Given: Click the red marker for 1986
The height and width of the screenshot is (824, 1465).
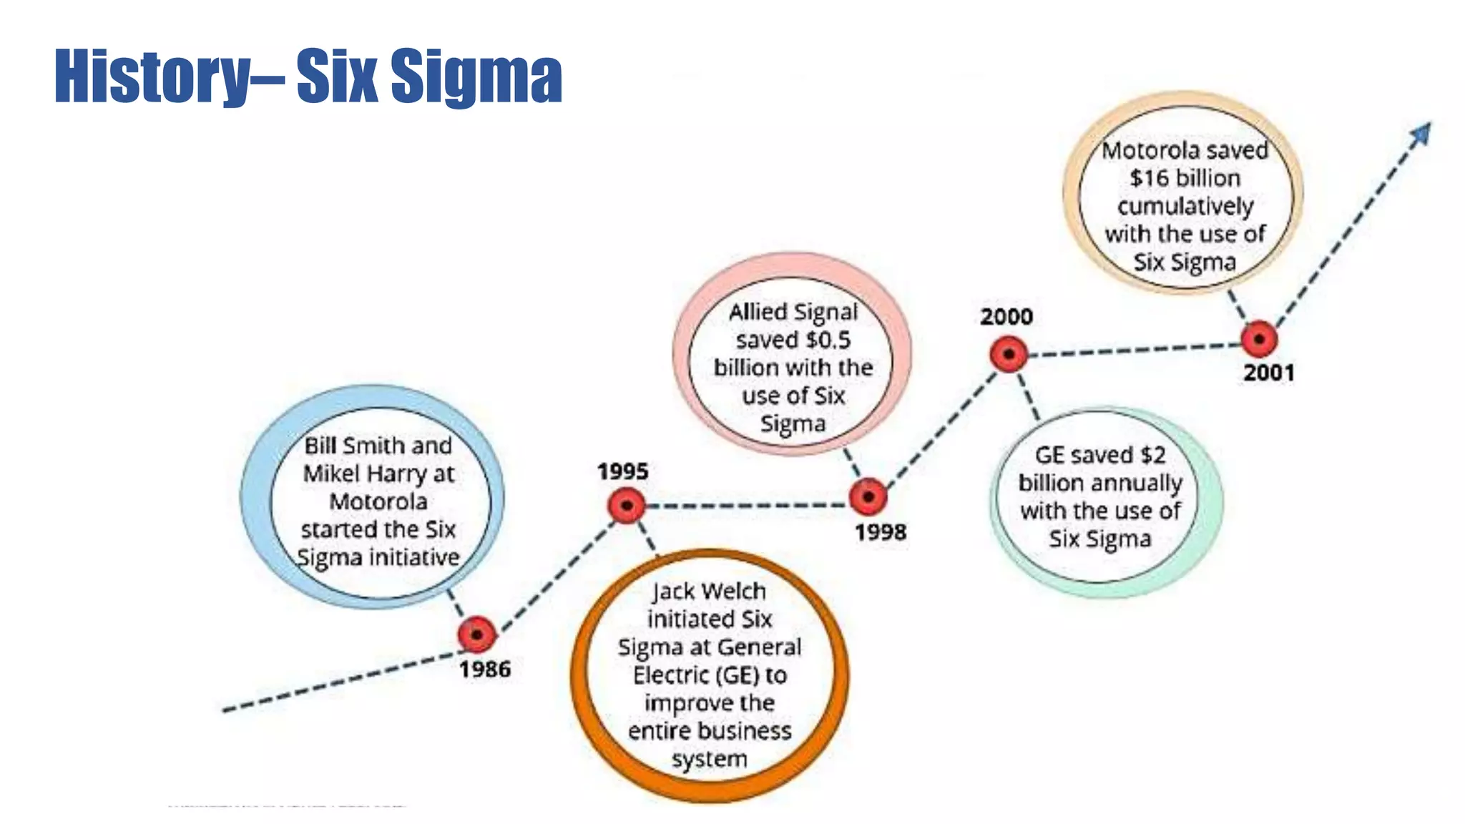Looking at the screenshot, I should pyautogui.click(x=476, y=634).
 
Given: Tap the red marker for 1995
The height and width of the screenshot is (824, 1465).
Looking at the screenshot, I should pyautogui.click(x=627, y=506).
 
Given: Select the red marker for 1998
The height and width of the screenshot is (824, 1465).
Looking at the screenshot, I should pyautogui.click(x=868, y=496).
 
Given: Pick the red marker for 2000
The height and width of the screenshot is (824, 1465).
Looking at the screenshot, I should pyautogui.click(x=1009, y=354).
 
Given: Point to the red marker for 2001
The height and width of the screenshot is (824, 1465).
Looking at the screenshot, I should pyautogui.click(x=1259, y=339).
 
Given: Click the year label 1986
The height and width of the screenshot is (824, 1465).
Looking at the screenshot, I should pyautogui.click(x=485, y=669).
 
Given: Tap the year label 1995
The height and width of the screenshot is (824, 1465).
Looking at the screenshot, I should pyautogui.click(x=622, y=471).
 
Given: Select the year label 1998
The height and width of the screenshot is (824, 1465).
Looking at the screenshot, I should pyautogui.click(x=881, y=532).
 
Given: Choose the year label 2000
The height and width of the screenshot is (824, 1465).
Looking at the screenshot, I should pyautogui.click(x=1006, y=316).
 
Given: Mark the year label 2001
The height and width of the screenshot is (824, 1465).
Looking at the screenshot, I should pyautogui.click(x=1269, y=373).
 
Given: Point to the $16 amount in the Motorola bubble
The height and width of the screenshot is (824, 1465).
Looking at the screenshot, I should pyautogui.click(x=1148, y=178).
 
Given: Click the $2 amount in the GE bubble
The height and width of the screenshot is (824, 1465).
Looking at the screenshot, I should pyautogui.click(x=1153, y=455).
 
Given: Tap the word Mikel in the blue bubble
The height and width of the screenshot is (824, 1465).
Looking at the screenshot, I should pyautogui.click(x=331, y=474).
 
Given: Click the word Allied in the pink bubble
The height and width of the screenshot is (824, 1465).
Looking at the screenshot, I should pyautogui.click(x=758, y=312).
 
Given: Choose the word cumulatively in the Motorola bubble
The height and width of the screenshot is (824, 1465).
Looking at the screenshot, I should pyautogui.click(x=1185, y=206).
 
